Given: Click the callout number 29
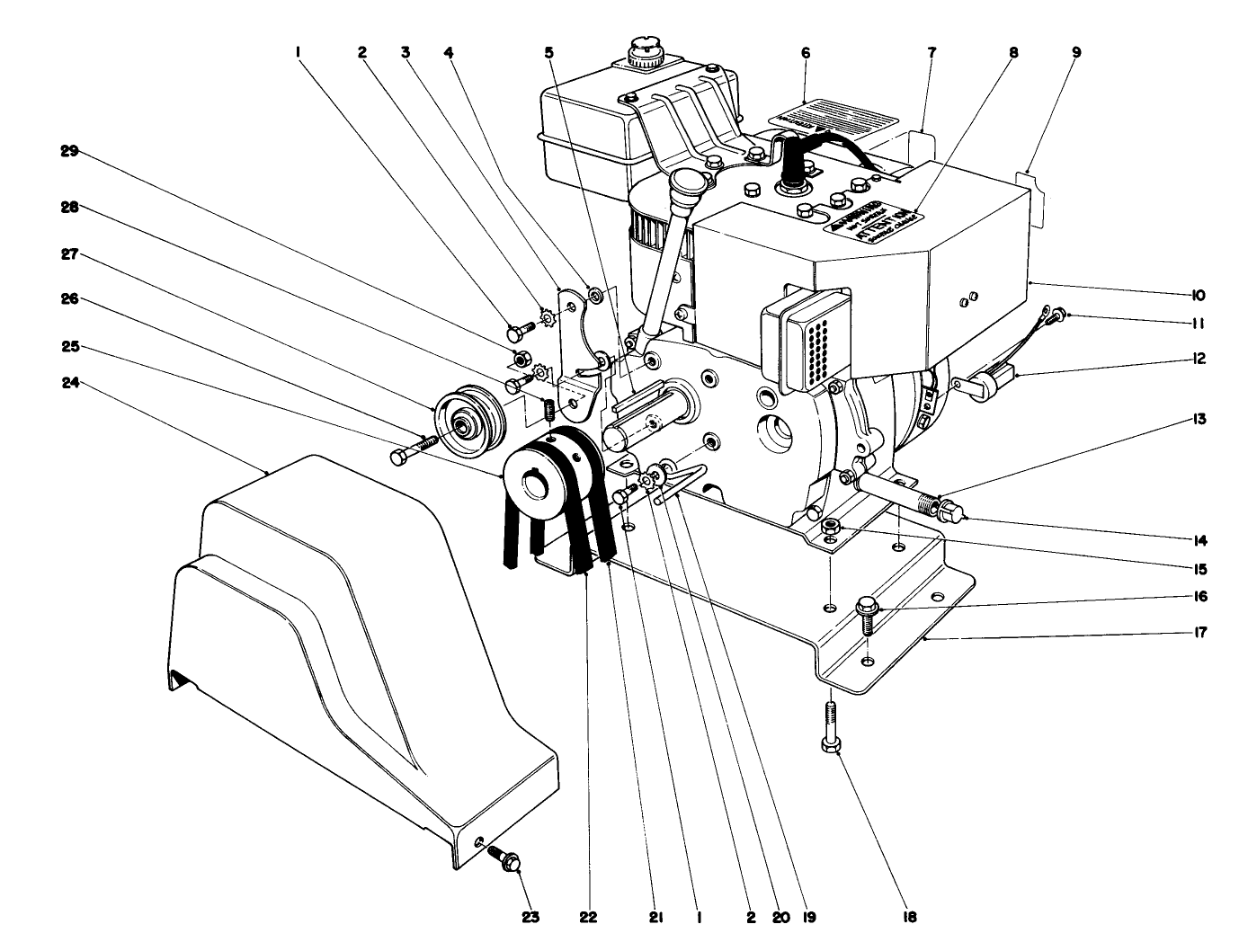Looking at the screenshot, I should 70,152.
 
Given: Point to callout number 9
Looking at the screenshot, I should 1075,52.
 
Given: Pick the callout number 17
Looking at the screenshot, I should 1199,632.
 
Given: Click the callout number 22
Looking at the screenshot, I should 587,919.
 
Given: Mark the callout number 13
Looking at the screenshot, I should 1199,419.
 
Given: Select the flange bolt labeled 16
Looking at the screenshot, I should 867,614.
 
